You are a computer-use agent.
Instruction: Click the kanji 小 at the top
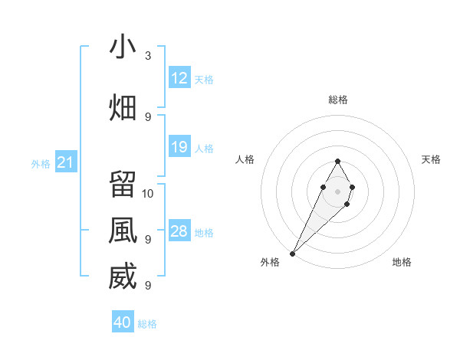tap(123, 47)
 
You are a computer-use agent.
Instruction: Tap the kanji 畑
tap(123, 108)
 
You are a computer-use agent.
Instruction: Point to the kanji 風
tap(123, 231)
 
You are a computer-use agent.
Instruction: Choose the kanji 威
tap(123, 277)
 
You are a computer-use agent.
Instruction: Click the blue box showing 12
tap(179, 78)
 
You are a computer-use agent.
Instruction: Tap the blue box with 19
tap(179, 147)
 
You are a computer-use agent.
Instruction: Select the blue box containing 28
tap(179, 231)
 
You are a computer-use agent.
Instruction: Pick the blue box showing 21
tap(65, 162)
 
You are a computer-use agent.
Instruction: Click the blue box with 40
tap(123, 322)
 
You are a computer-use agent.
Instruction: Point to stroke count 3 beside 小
tap(148, 56)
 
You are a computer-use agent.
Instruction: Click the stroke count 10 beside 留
tap(148, 193)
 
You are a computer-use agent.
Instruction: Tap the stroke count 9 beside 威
tap(148, 286)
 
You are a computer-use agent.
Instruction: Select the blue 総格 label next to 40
tap(147, 324)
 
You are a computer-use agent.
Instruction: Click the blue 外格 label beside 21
tap(41, 163)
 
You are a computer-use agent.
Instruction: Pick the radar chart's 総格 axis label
tap(337, 100)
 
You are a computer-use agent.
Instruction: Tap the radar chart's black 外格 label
tap(270, 262)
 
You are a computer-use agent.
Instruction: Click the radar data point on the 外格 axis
tap(293, 253)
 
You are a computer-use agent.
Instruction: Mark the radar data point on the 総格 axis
tap(337, 162)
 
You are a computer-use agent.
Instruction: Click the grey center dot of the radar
tap(337, 190)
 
